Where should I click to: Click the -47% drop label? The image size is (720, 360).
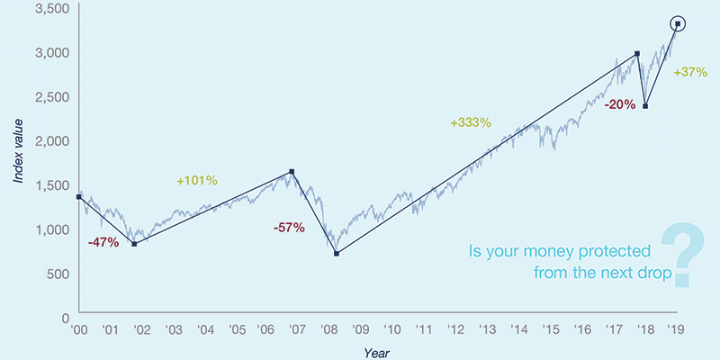coord(103,243)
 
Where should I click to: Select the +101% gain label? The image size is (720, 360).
coord(198,180)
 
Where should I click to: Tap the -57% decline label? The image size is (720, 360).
coord(289,228)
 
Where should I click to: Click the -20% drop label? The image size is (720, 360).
coord(620,104)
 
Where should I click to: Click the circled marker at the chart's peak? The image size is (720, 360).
coord(677,23)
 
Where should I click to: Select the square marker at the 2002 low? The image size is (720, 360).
coord(134,244)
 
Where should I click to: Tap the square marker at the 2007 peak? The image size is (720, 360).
coord(292,172)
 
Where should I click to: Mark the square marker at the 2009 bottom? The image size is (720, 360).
coord(337,254)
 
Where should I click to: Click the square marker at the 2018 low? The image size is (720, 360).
coord(645,106)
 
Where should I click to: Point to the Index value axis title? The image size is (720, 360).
coord(19,151)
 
